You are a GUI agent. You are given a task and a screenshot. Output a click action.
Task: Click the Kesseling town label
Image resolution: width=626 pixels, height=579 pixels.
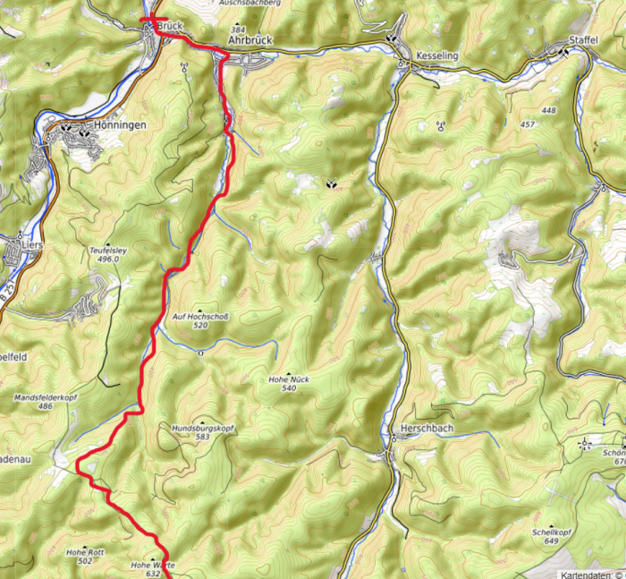[x=436, y=55]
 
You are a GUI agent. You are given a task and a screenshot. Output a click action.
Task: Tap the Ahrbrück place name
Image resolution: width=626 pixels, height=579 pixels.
[x=250, y=41]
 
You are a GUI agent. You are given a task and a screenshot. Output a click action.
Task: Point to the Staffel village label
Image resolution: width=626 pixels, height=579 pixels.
[x=583, y=41]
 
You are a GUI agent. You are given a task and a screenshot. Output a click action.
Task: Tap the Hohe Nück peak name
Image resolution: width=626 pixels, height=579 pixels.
[x=289, y=379]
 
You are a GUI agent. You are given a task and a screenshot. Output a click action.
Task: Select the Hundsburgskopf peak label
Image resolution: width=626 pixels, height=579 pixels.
[x=202, y=429]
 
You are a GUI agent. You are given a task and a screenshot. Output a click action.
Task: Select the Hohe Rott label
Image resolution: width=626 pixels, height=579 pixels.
[x=85, y=552]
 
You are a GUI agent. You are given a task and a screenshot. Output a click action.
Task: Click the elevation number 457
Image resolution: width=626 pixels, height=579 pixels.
[x=527, y=123]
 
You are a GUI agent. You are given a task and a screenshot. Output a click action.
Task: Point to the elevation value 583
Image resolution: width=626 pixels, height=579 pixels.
[x=202, y=438]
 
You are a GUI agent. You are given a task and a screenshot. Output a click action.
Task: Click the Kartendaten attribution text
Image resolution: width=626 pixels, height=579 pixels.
[x=591, y=574]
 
